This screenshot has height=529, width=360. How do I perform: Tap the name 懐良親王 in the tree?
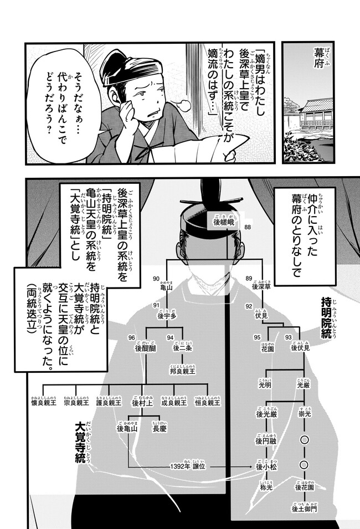(42, 404)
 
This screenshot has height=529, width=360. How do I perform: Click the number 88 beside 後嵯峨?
(247, 228)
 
